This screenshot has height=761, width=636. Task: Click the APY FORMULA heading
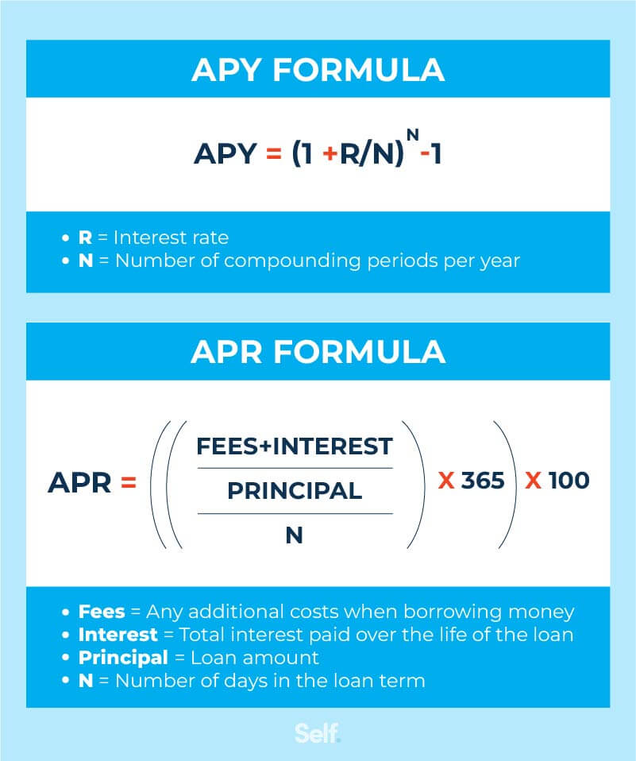click(x=318, y=70)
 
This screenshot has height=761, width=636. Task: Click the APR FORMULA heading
click(x=318, y=352)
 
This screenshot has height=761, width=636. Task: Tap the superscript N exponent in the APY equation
click(x=412, y=133)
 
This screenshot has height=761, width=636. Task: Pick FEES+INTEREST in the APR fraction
click(x=295, y=446)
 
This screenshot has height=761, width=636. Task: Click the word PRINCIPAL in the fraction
click(x=295, y=491)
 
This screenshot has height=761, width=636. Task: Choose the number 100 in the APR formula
click(x=569, y=481)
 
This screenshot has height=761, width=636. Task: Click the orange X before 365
click(x=446, y=481)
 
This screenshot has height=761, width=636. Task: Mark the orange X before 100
click(x=533, y=481)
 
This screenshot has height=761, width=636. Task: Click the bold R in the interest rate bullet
click(x=85, y=238)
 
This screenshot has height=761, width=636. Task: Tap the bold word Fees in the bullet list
click(x=102, y=612)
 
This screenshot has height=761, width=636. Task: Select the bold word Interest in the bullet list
click(x=117, y=635)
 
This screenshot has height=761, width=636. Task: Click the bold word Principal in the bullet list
click(x=123, y=658)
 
